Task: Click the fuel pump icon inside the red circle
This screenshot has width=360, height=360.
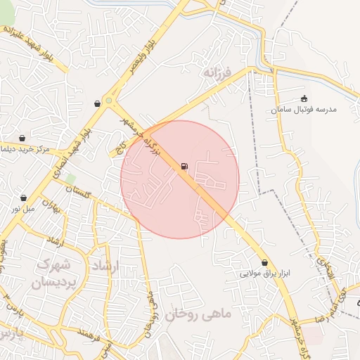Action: [184, 166]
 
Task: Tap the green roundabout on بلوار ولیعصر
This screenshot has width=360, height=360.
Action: [109, 102]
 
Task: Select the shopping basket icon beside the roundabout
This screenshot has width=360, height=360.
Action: [96, 104]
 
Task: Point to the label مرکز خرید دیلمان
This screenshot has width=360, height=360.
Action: [24, 149]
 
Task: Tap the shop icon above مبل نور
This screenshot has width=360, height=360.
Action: [25, 198]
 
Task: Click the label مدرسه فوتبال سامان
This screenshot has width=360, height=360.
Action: [306, 110]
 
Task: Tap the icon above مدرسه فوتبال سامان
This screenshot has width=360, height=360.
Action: [304, 98]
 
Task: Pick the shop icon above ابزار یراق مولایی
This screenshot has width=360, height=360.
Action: [264, 262]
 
